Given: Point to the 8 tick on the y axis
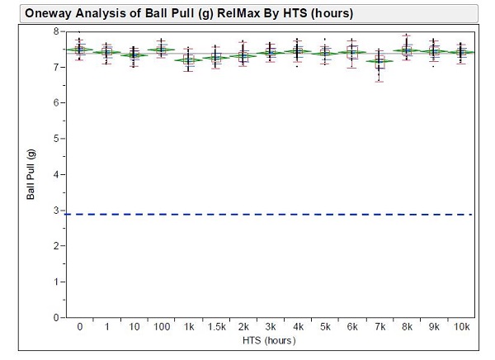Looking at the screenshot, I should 56,31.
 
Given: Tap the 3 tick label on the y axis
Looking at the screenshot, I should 56,210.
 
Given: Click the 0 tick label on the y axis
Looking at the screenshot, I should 56,317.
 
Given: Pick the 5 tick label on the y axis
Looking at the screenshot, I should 56,138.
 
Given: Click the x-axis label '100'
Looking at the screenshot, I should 161,327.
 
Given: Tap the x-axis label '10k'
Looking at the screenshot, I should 460,327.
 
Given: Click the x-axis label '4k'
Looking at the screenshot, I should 297,327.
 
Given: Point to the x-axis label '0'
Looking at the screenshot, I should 79,327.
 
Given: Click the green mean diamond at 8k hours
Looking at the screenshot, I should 406,50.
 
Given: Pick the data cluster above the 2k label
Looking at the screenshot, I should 243,55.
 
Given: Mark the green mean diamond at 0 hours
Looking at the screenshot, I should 79,50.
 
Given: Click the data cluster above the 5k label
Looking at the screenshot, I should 324,52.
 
